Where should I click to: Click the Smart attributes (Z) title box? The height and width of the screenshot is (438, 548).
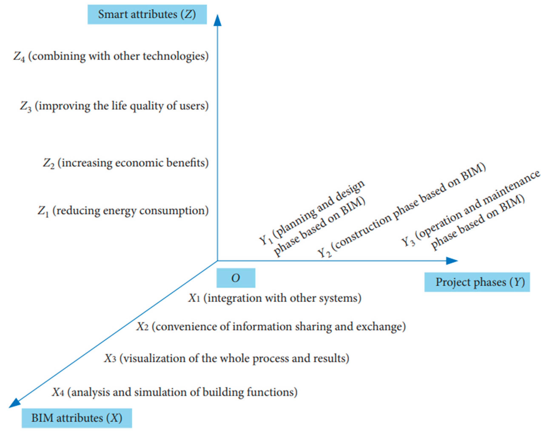click(147, 14)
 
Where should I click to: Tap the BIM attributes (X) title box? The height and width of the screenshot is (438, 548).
click(77, 418)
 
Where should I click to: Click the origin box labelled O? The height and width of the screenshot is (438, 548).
click(236, 278)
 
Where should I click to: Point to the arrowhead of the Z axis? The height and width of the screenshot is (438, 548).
click(217, 20)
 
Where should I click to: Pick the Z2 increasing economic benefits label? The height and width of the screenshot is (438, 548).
click(125, 163)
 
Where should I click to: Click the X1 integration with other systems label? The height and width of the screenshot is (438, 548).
click(275, 298)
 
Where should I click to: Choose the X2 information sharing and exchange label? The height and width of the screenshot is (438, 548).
click(271, 327)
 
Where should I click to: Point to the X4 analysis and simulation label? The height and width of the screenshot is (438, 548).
click(175, 392)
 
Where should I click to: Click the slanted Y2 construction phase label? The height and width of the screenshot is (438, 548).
click(402, 211)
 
